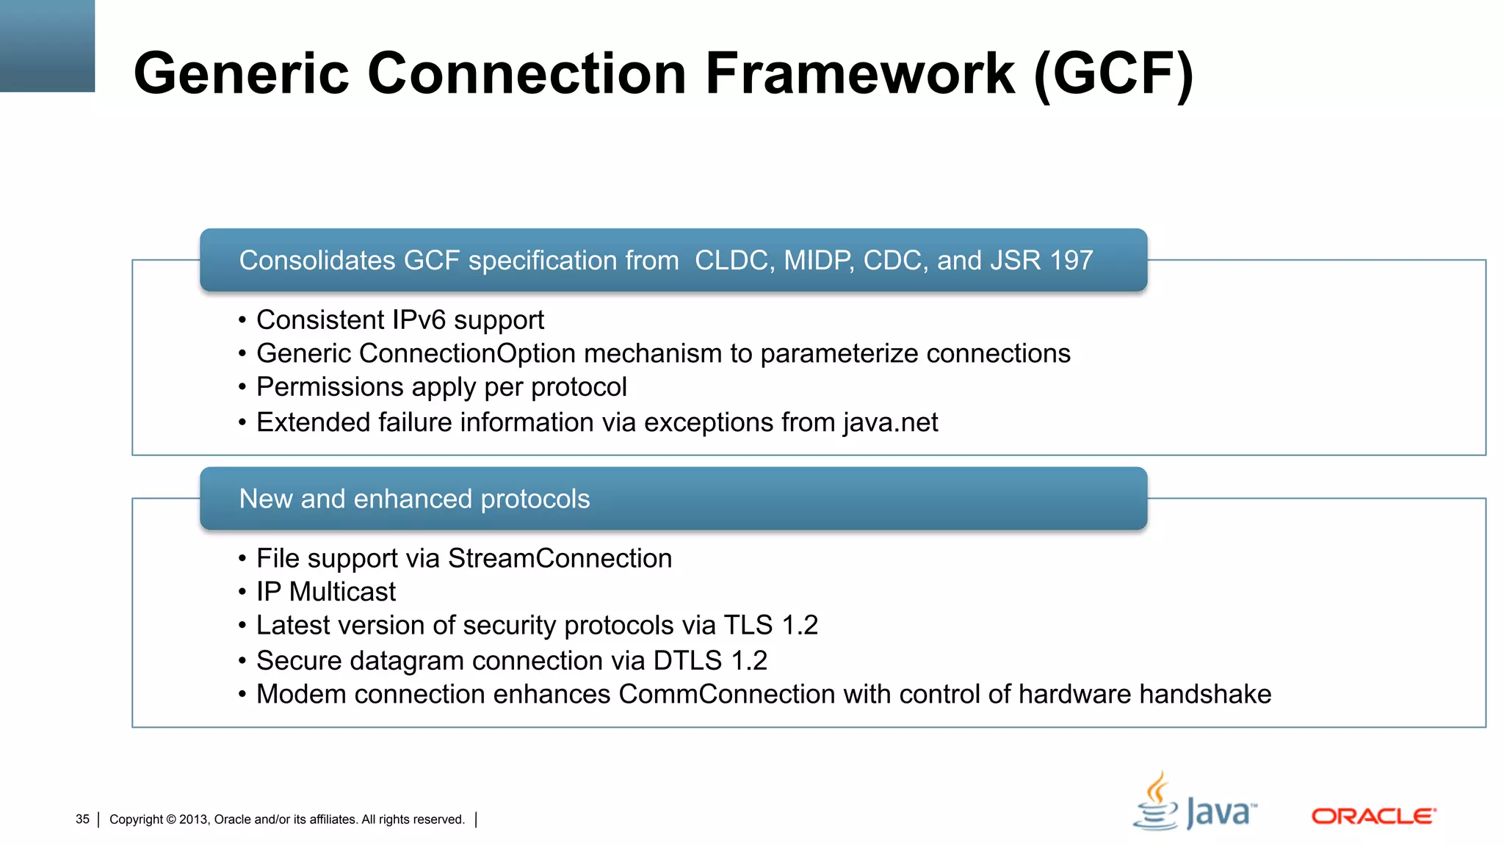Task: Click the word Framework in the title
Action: [860, 73]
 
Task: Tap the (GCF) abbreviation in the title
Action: [1113, 73]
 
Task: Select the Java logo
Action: [1195, 803]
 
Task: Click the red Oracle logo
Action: [1373, 816]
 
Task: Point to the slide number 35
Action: [82, 819]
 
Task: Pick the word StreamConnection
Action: [560, 559]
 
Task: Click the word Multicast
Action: [342, 592]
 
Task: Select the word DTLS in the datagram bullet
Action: [687, 661]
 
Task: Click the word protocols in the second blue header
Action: [535, 499]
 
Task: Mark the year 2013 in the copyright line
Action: [193, 820]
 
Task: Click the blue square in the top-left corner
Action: [47, 46]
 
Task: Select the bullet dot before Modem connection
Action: [242, 695]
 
